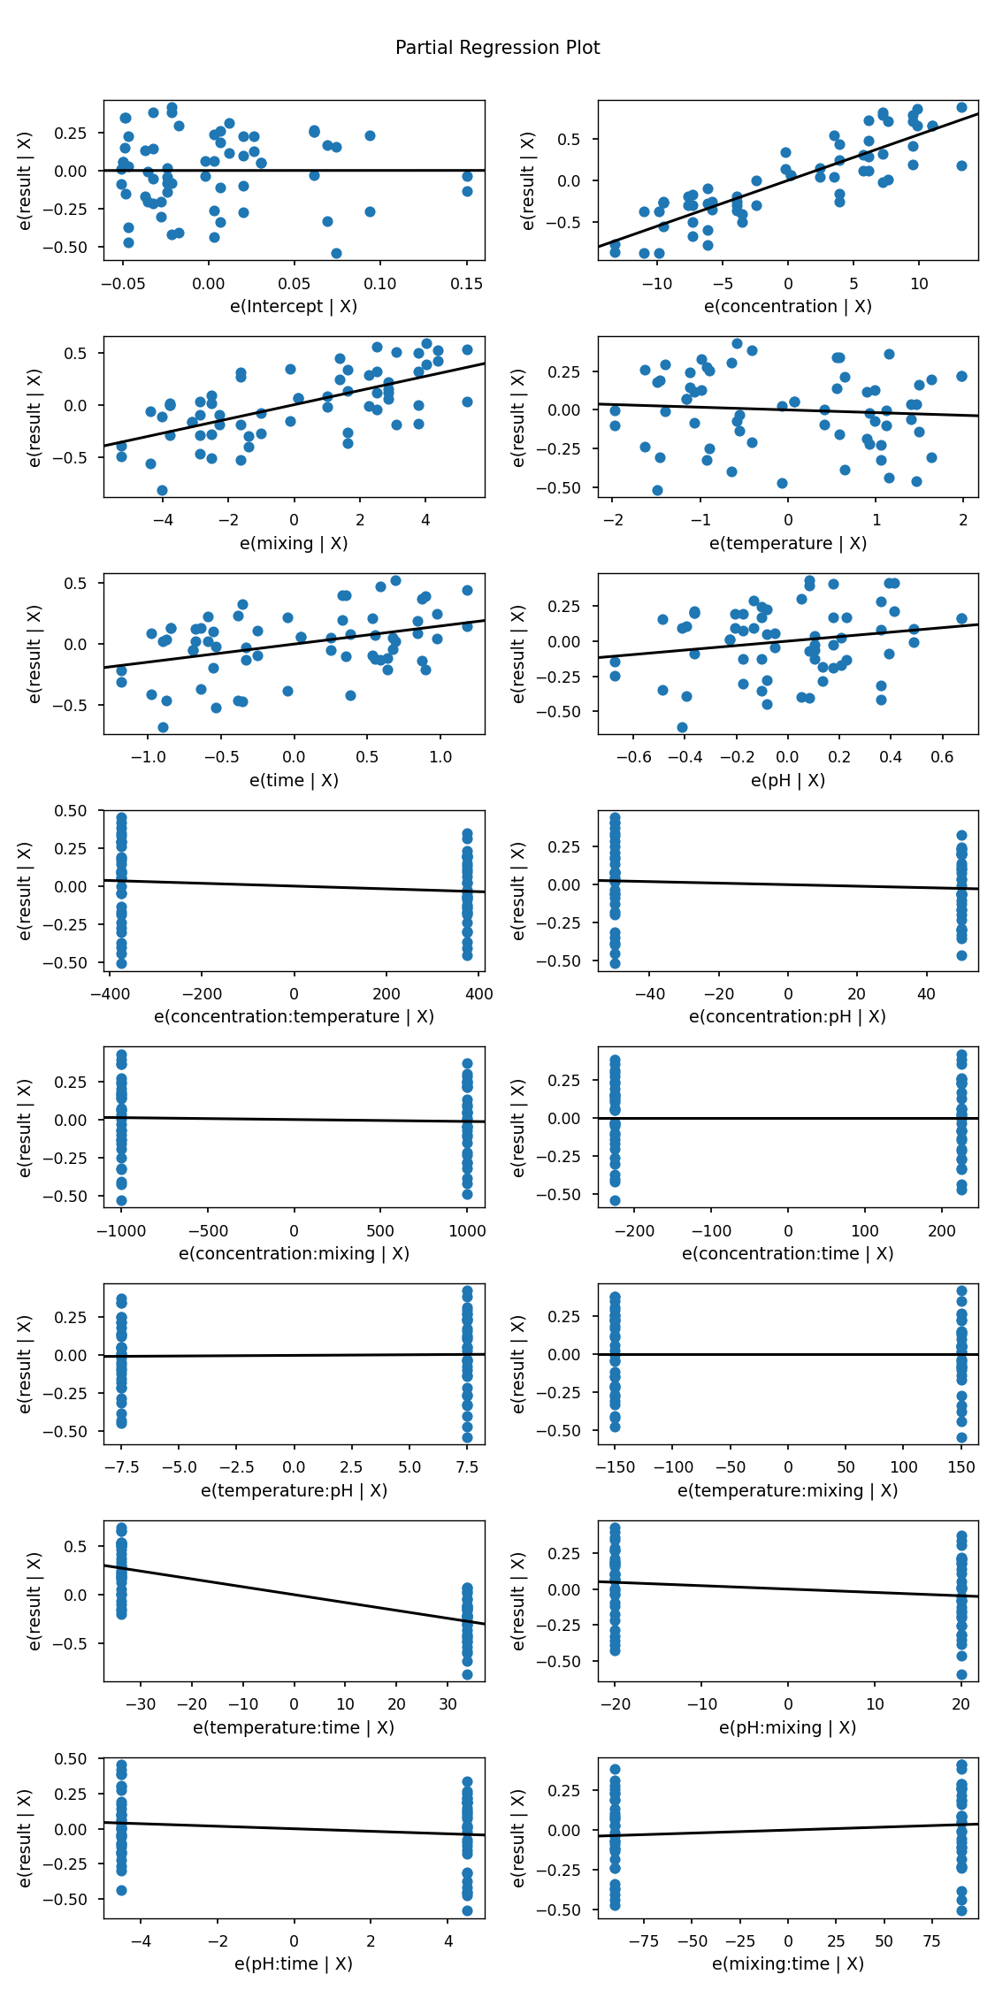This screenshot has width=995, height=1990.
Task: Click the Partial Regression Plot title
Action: pos(497,48)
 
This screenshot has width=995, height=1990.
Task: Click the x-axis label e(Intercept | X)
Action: pos(294,307)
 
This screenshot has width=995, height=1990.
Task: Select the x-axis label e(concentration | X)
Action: pos(787,307)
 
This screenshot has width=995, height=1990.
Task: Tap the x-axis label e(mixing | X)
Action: pos(294,543)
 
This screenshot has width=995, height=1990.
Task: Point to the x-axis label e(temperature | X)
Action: pos(787,543)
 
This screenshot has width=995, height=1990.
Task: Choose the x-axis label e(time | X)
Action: pos(294,780)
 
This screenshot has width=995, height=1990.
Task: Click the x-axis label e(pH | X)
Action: pos(787,780)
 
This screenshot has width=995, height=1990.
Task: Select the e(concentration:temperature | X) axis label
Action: pos(294,1016)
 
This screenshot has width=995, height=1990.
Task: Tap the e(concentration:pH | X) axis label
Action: pos(787,1016)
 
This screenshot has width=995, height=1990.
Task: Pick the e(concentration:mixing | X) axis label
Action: pos(294,1253)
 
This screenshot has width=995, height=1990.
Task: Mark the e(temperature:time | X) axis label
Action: pos(294,1727)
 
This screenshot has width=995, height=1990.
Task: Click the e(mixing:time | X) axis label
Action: pos(787,1963)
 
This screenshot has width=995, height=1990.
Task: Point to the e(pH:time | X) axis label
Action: pos(294,1963)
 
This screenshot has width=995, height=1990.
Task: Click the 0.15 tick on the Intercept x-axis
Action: pos(467,283)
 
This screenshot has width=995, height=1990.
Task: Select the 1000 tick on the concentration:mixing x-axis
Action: pos(467,1230)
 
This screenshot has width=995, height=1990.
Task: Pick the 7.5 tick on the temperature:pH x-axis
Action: pos(467,1467)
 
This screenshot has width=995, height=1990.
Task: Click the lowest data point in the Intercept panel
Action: pos(336,253)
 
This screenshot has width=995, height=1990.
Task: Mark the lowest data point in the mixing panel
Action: pos(162,490)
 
